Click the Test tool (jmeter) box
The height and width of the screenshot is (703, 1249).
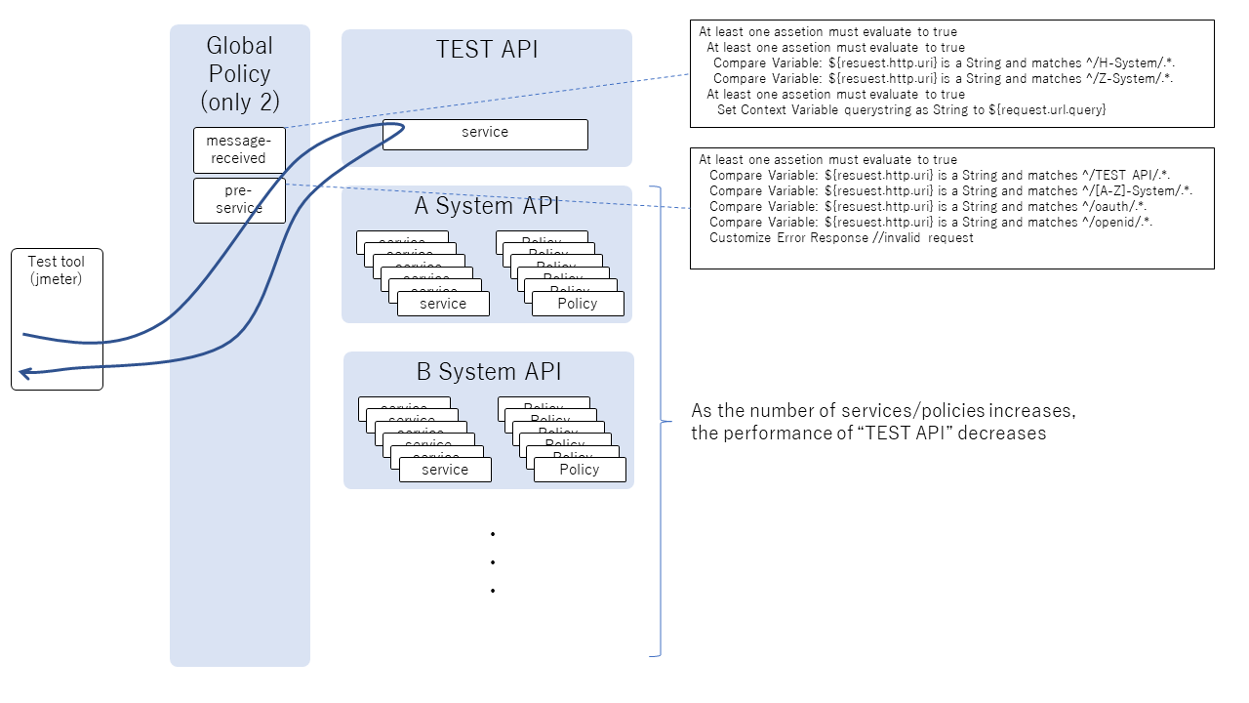click(57, 319)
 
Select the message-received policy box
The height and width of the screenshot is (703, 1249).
click(239, 149)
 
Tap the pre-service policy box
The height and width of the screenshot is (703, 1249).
click(239, 200)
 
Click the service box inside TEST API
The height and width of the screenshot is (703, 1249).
click(485, 134)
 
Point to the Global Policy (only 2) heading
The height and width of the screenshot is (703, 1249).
click(240, 73)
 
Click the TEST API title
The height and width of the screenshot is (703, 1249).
click(486, 50)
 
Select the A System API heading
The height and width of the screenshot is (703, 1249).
click(487, 206)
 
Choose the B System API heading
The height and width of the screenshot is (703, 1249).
click(489, 372)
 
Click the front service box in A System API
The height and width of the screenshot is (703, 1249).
click(443, 304)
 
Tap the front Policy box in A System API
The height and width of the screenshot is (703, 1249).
click(578, 304)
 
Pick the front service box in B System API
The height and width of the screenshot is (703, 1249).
click(445, 470)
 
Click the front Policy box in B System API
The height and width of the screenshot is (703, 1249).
click(580, 470)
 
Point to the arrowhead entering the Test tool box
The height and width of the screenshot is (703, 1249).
click(24, 372)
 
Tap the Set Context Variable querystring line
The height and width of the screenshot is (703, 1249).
click(911, 110)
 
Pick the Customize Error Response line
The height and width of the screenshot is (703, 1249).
click(841, 238)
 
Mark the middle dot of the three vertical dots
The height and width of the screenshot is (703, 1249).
click(494, 562)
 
